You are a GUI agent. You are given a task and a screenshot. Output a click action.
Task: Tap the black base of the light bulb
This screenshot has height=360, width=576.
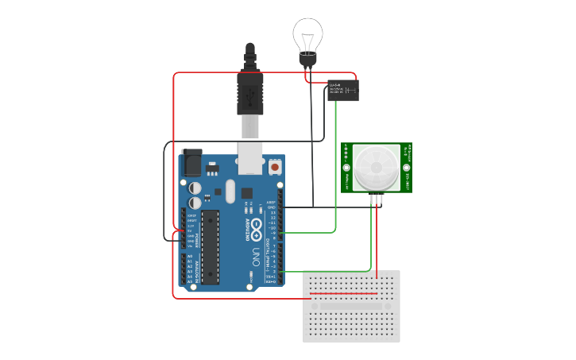tap(307, 59)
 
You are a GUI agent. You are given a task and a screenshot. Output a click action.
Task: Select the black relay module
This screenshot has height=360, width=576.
tap(342, 91)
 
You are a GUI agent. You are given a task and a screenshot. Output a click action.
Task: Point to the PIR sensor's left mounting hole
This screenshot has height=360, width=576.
tap(347, 168)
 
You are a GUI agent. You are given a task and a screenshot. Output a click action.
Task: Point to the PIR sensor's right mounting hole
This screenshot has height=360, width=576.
tap(406, 168)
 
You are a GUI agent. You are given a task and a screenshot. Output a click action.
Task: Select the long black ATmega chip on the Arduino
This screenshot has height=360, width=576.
tap(210, 246)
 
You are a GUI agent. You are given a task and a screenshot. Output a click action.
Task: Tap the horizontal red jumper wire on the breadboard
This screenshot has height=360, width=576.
tap(343, 293)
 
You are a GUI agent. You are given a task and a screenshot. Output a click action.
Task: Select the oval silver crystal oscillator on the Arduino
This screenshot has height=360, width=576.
tap(230, 191)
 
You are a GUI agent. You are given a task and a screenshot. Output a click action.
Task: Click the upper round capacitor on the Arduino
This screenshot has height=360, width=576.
tap(195, 188)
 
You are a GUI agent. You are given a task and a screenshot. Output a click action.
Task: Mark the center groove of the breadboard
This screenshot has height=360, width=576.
tap(351, 306)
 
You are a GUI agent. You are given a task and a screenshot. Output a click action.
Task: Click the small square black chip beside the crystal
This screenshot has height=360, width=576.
tap(247, 192)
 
